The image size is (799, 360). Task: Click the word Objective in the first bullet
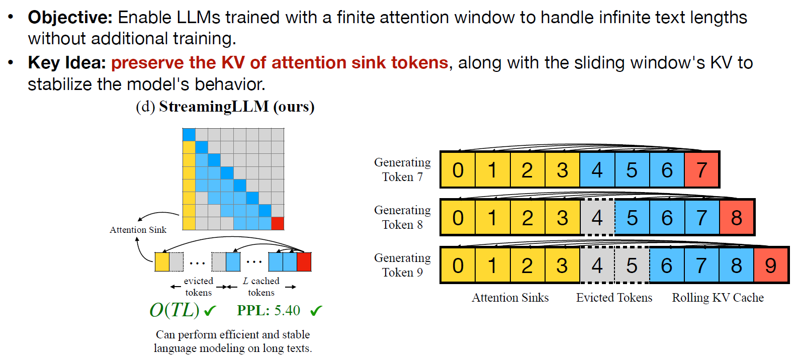click(x=70, y=18)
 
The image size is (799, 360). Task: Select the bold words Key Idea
click(x=67, y=63)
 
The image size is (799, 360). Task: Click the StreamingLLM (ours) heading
click(x=225, y=107)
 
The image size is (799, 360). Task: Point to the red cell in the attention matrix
click(x=278, y=223)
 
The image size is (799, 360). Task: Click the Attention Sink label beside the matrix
click(x=138, y=230)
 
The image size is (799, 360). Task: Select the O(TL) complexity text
click(x=174, y=310)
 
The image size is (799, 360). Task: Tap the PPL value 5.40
click(x=287, y=310)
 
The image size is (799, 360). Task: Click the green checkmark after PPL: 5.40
click(x=316, y=311)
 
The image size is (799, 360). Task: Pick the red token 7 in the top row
click(x=701, y=170)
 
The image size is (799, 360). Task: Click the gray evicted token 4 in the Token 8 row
click(x=597, y=218)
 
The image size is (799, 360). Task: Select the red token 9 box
click(x=770, y=265)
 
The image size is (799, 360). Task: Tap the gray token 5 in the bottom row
click(x=632, y=265)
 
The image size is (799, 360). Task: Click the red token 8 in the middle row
click(x=736, y=218)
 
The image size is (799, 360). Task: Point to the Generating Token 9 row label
click(x=402, y=265)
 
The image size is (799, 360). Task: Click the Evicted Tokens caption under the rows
click(x=614, y=298)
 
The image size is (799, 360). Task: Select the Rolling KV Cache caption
click(x=718, y=298)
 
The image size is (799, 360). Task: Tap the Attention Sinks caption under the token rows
click(x=510, y=298)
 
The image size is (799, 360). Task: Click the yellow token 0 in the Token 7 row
click(x=458, y=170)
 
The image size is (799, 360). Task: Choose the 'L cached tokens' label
click(x=261, y=287)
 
